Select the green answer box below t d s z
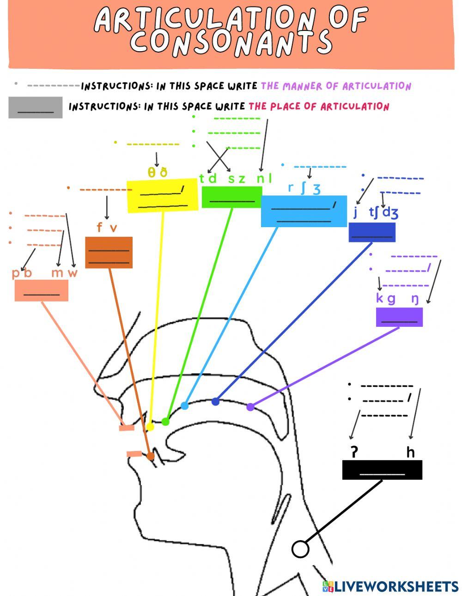pos(231,197)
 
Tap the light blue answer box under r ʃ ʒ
pos(304,211)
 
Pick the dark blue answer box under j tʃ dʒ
pos(372,232)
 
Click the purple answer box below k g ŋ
pos(399,317)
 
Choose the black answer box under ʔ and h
pos(382,470)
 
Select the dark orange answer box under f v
pos(109,253)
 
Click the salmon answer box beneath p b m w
pos(42,290)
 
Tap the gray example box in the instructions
pos(35,108)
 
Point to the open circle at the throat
pos(300,549)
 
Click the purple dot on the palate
pos(250,407)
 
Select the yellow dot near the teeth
pos(150,427)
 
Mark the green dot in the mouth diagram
pos(165,421)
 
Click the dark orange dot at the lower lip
pos(150,456)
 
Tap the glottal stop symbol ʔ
pos(354,452)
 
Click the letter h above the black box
pos(410,452)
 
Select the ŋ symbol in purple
pos(415,299)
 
